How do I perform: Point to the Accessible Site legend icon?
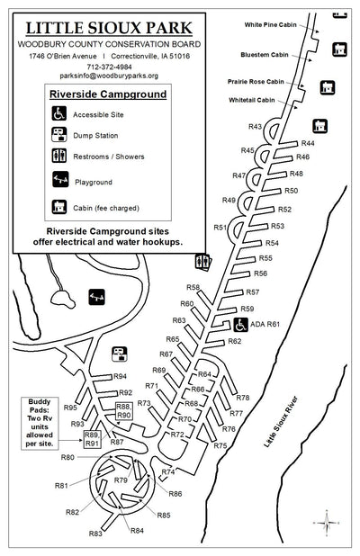pos(59,114)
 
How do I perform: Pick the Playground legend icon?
pos(59,180)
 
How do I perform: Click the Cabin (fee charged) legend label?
pos(113,206)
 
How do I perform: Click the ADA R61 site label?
pos(265,324)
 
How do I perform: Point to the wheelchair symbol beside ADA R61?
pos(241,324)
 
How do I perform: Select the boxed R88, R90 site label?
pos(124,410)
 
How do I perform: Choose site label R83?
pos(95,534)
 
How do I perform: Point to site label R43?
pos(255,127)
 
